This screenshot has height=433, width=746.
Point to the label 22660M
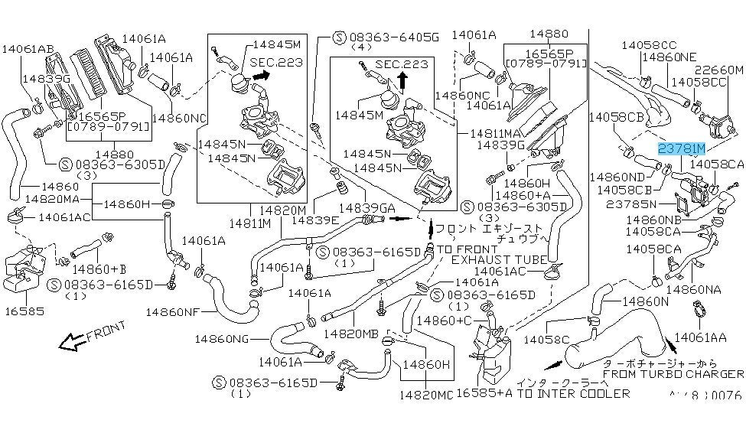pos(718,70)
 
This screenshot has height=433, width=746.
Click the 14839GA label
pos(368,207)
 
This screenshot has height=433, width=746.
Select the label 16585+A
pos(484,393)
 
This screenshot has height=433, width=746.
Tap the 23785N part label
pos(632,204)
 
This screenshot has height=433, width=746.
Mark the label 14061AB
pos(28,49)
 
